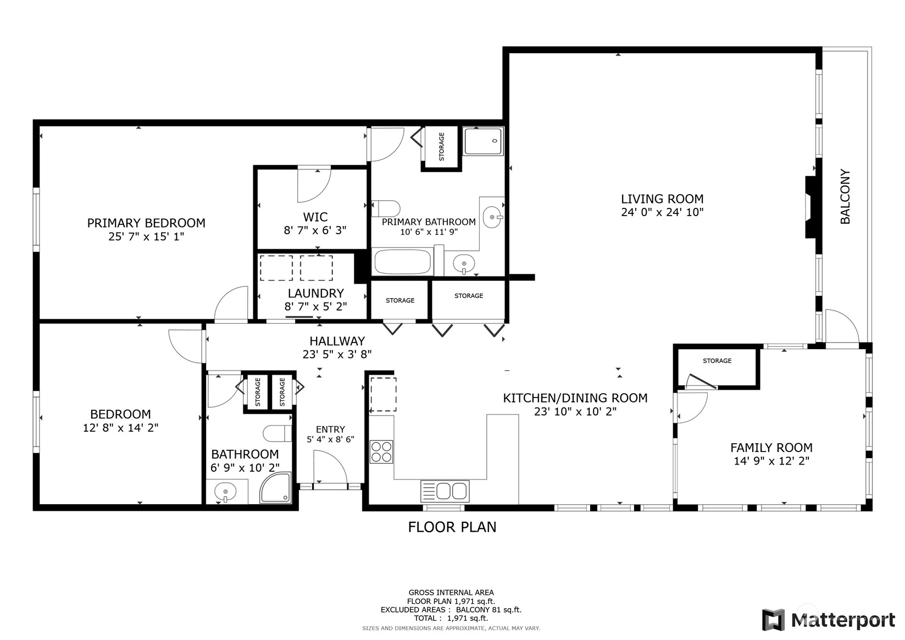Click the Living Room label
[662, 199]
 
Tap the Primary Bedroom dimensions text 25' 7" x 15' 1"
[146, 236]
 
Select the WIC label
[315, 217]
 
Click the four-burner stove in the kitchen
[381, 451]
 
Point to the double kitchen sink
[445, 491]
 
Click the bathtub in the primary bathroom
[402, 262]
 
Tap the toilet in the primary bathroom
[385, 208]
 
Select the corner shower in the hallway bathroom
[275, 488]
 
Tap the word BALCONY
[845, 196]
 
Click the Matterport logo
[829, 620]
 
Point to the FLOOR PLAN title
[452, 527]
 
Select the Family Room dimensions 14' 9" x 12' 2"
[771, 461]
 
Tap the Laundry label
[315, 293]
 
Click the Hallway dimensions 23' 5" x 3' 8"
[337, 354]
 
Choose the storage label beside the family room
[717, 361]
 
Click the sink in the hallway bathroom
[225, 492]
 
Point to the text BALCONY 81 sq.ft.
[488, 610]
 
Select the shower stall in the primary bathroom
[484, 141]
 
